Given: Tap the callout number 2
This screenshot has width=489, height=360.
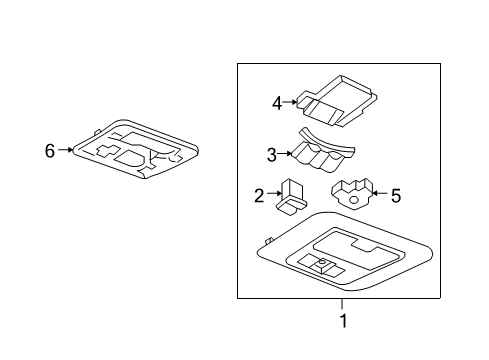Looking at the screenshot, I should tap(258, 197).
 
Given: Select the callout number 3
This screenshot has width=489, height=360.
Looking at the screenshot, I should tap(270, 155).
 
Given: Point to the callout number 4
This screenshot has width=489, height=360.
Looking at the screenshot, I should tap(277, 102).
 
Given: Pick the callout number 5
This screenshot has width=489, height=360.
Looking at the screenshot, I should tap(395, 196).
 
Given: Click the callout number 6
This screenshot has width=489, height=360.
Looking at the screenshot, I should tap(49, 151).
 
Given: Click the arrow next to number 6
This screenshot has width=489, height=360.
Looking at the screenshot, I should tap(66, 151).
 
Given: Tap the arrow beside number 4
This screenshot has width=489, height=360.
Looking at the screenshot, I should tap(293, 102).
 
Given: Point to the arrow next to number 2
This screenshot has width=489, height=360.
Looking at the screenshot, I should tap(274, 197).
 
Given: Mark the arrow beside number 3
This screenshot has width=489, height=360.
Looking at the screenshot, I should tap(286, 155).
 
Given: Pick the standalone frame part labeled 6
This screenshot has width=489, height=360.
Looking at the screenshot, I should tap(136, 153).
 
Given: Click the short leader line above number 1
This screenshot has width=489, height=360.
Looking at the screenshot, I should tap(341, 304).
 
